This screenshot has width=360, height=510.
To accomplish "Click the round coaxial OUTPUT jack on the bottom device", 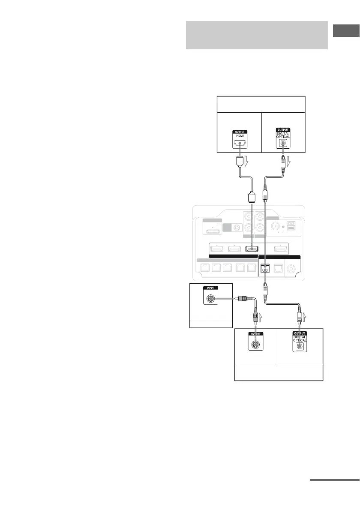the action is pos(256,344).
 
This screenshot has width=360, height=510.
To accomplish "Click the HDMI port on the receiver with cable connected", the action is pos(252,249).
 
